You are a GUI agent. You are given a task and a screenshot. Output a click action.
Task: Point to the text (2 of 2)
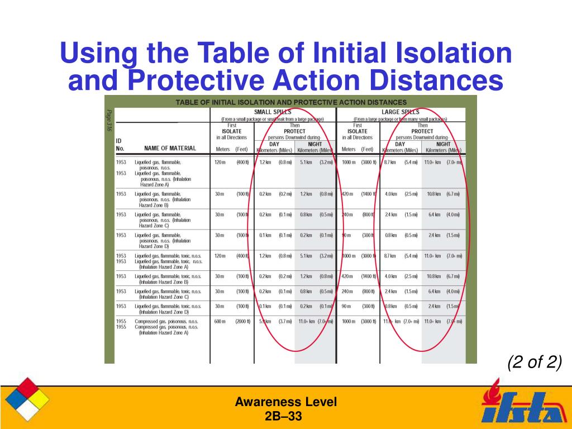535,363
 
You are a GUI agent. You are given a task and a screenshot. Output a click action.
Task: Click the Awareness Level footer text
285,402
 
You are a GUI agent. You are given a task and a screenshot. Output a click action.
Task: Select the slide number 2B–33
285,416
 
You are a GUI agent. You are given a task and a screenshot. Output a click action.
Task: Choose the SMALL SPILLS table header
273,112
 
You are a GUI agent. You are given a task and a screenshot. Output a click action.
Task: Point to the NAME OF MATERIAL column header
170,148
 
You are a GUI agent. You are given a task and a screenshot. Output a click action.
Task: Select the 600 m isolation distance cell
220,321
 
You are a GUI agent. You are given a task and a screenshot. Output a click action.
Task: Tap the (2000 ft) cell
243,321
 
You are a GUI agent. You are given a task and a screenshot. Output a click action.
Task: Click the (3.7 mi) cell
285,321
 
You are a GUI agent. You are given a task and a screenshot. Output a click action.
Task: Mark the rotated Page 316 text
109,121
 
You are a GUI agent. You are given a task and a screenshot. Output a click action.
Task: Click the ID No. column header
120,145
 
